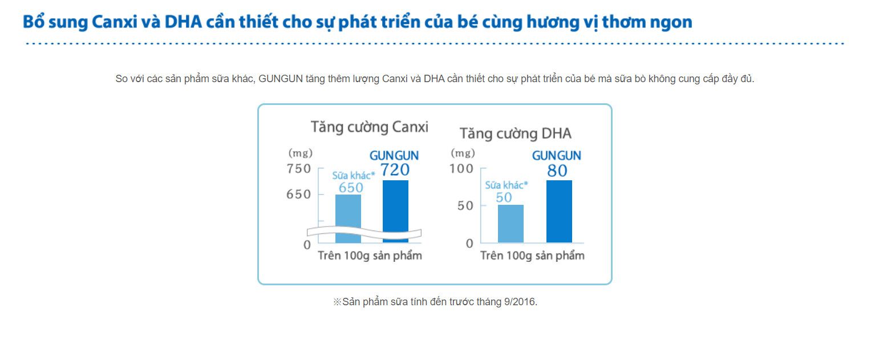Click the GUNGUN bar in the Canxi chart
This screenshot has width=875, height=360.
pyautogui.click(x=395, y=211)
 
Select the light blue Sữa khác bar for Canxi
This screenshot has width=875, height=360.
pyautogui.click(x=348, y=219)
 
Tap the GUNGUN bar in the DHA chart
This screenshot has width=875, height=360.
pyautogui.click(x=559, y=212)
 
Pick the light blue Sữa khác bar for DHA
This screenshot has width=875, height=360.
pyautogui.click(x=511, y=224)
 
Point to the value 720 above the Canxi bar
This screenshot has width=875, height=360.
pyautogui.click(x=395, y=169)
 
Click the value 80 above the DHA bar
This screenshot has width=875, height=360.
pyautogui.click(x=557, y=171)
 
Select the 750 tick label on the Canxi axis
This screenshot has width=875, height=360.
pyautogui.click(x=299, y=168)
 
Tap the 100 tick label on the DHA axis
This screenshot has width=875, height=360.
pyautogui.click(x=461, y=168)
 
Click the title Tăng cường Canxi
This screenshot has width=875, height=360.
pyautogui.click(x=370, y=127)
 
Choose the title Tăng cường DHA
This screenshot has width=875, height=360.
pyautogui.click(x=515, y=134)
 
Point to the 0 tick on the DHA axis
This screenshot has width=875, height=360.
pyautogui.click(x=469, y=244)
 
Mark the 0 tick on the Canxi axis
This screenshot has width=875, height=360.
pyautogui.click(x=307, y=245)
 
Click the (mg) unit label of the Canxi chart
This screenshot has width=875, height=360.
pyautogui.click(x=301, y=152)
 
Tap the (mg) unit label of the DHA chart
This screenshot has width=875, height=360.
pyautogui.click(x=463, y=152)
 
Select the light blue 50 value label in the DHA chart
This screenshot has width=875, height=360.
pyautogui.click(x=504, y=197)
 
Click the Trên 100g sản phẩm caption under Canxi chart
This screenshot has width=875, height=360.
pyautogui.click(x=370, y=256)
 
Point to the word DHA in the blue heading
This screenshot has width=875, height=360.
pyautogui.click(x=183, y=22)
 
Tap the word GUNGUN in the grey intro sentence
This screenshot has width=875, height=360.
pyautogui.click(x=281, y=79)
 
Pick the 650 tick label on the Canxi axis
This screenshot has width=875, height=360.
pyautogui.click(x=299, y=195)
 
